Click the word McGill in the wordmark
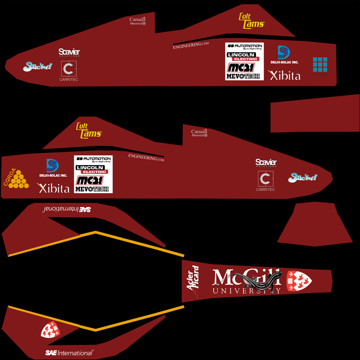tap(246, 278)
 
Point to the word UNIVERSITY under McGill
tap(246, 291)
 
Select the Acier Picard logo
tap(193, 278)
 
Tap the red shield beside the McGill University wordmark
tap(299, 281)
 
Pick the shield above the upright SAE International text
tap(50, 330)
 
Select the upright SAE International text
tap(69, 353)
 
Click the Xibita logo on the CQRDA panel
tap(54, 188)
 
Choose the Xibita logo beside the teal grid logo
tap(285, 75)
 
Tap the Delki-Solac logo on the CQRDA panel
tap(53, 168)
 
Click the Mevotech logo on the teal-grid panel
tap(243, 76)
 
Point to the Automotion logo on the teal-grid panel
tap(245, 46)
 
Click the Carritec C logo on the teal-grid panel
tap(69, 69)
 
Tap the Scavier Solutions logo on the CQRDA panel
tap(266, 163)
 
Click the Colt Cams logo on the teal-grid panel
tap(251, 21)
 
